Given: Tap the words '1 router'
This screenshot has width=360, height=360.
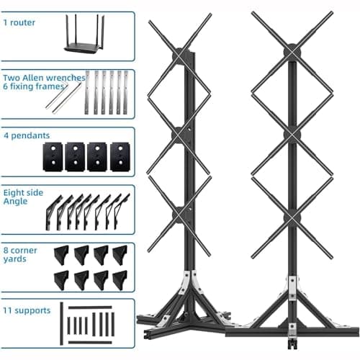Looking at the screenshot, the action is click(x=19, y=22).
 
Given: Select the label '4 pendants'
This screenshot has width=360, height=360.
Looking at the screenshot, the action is click(x=27, y=135).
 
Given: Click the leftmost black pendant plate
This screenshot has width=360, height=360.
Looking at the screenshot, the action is click(x=53, y=157).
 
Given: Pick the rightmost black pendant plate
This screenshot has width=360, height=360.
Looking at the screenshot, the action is click(x=120, y=157).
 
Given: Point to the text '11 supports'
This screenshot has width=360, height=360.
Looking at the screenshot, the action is click(x=27, y=310).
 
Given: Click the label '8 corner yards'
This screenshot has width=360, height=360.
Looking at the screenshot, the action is click(x=20, y=255).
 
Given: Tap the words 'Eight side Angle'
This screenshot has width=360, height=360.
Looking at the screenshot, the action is click(x=23, y=197).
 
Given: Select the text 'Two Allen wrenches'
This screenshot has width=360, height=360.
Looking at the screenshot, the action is click(x=44, y=78).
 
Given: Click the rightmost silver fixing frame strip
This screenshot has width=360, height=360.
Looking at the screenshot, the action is click(x=126, y=92).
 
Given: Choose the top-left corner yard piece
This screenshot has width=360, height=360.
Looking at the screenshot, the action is click(x=62, y=255).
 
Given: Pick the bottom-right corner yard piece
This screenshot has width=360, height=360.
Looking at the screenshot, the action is click(x=120, y=280).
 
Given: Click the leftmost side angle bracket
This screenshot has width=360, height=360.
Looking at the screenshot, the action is click(x=53, y=213).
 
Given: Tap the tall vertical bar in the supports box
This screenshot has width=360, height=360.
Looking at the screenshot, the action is click(x=62, y=323).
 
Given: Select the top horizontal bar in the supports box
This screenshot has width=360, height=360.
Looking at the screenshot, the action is click(x=90, y=307).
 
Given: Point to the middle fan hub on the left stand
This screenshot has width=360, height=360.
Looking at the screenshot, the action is click(x=179, y=135).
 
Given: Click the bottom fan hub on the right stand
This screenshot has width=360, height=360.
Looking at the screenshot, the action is click(x=292, y=217).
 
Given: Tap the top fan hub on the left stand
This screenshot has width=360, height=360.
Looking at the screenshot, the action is click(x=180, y=55).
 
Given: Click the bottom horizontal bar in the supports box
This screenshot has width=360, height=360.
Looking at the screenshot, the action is click(x=90, y=342).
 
